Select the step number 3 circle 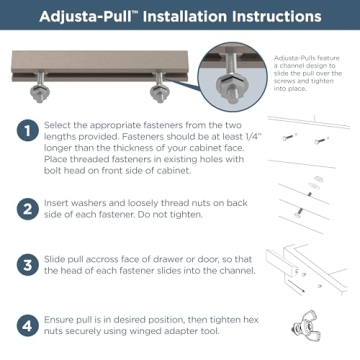click(25, 265)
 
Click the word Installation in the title click(178, 17)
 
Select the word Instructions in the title click(269, 17)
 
